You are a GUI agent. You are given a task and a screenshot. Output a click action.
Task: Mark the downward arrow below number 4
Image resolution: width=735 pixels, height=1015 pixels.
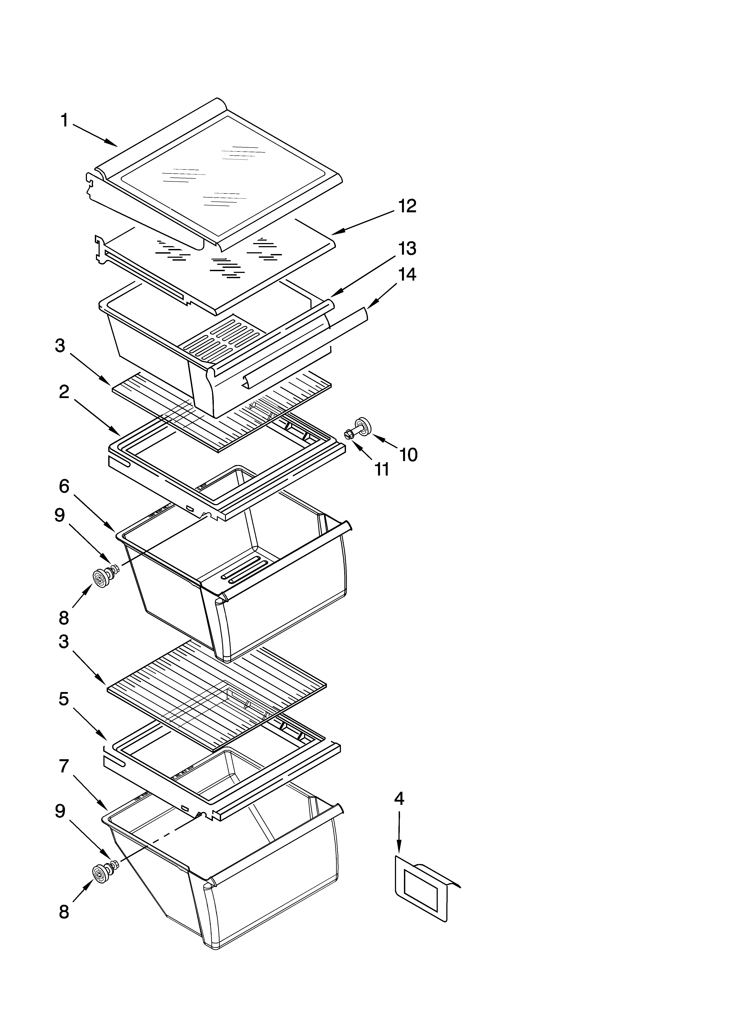pyautogui.click(x=398, y=830)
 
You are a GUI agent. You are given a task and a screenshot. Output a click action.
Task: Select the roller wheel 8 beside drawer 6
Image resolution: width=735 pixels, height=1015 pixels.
pyautogui.click(x=99, y=577)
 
